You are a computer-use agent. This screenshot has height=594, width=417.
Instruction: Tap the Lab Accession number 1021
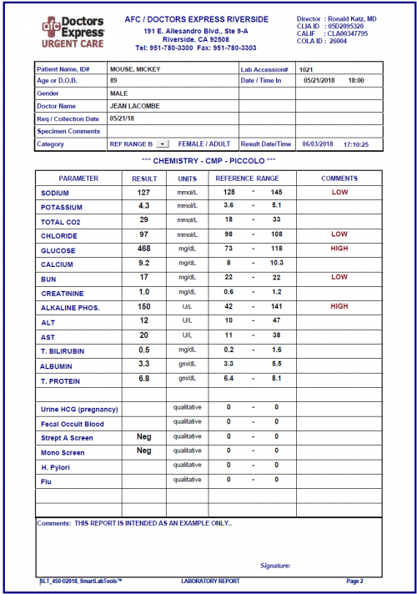(306, 68)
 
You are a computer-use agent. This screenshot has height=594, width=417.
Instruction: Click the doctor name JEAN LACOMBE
(134, 106)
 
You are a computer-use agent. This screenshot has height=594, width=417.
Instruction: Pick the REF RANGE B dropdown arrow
(162, 144)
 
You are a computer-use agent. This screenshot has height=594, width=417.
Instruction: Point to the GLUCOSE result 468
(143, 249)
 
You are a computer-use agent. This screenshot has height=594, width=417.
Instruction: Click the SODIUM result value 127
(143, 192)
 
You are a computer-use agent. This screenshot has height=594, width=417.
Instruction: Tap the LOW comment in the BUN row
(339, 278)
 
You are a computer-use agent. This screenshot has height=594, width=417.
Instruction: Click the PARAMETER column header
(78, 179)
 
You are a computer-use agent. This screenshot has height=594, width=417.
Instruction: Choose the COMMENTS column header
(339, 179)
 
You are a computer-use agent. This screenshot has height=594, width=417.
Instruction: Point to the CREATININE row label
(64, 293)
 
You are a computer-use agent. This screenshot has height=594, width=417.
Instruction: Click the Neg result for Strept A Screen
(143, 436)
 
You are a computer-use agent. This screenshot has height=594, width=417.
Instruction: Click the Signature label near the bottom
(275, 565)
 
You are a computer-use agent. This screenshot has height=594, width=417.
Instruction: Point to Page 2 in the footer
(354, 581)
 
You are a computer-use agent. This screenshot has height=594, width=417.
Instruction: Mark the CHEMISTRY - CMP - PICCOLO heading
(208, 160)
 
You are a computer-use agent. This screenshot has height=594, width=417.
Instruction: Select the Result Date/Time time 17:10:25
(354, 144)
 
